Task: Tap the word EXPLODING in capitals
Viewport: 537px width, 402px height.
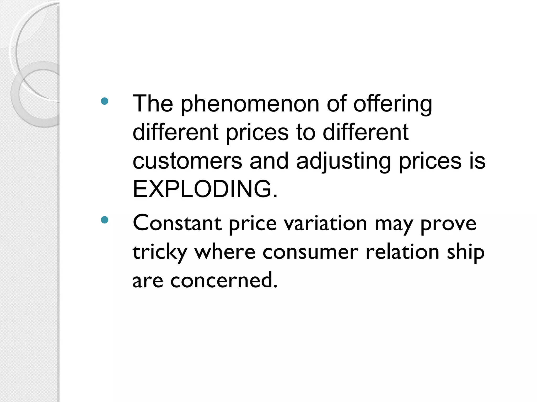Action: (205, 189)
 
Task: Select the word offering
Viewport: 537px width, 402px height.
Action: (393, 105)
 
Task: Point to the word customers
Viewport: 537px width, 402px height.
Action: (187, 161)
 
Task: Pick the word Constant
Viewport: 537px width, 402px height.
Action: (177, 223)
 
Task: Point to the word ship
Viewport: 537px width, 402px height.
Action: (466, 252)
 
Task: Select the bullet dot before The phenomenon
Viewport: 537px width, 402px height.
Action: (104, 101)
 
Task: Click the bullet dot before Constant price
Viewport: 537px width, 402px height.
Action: (104, 220)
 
